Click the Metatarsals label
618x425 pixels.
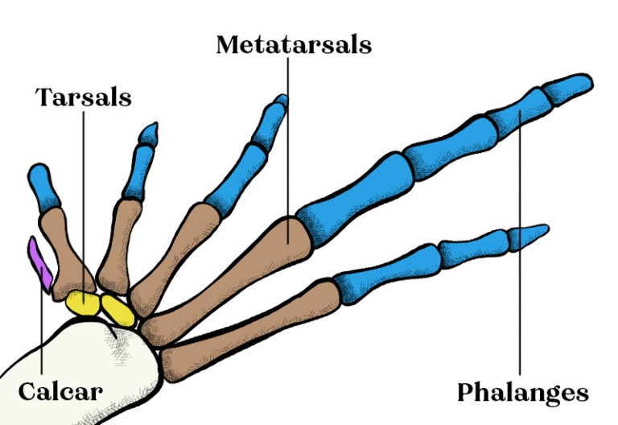[294, 44]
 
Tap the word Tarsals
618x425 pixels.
[84, 97]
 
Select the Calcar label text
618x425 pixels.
[60, 392]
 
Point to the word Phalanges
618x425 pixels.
[523, 393]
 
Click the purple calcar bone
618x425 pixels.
[40, 262]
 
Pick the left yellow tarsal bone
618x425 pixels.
[82, 303]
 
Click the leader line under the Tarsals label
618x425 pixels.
[84, 201]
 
